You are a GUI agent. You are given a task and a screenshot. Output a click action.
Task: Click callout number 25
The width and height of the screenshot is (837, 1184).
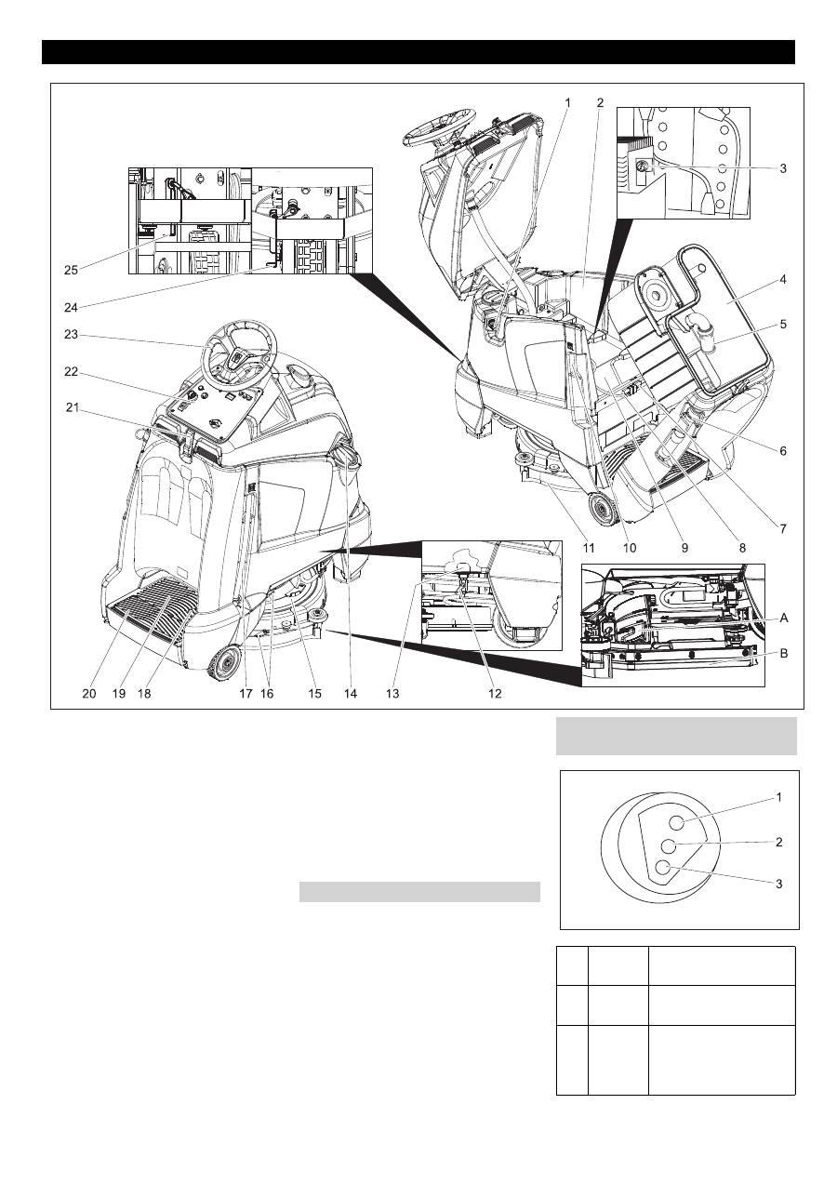point(72,270)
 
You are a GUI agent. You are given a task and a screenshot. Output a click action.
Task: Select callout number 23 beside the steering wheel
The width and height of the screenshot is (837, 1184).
point(72,335)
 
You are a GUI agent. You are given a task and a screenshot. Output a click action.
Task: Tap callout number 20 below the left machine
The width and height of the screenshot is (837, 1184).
point(89,693)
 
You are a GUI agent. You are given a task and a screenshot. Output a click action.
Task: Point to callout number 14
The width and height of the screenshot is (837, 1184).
point(350,693)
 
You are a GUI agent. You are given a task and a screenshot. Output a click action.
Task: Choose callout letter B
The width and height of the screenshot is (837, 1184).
point(785,654)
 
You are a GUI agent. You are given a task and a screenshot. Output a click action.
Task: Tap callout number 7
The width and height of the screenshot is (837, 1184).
point(783,529)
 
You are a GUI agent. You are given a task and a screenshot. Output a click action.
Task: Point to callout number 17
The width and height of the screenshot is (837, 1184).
point(246,693)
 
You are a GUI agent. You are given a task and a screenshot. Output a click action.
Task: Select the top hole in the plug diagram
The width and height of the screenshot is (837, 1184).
point(676,820)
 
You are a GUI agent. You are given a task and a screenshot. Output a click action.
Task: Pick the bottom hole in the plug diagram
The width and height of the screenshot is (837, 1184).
point(663,869)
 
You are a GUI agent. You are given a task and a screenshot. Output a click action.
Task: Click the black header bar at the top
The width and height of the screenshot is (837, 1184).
point(418,52)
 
